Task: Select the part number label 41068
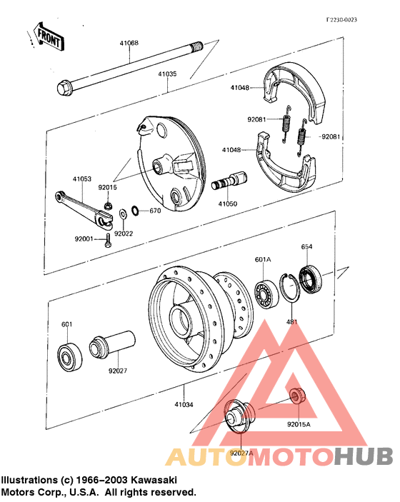(x=129, y=44)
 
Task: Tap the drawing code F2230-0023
(x=341, y=20)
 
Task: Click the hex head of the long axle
(x=64, y=89)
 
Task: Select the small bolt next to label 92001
(x=108, y=241)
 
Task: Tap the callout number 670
(x=155, y=211)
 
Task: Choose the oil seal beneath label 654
(x=309, y=278)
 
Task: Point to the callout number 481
(x=292, y=322)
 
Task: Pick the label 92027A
(x=241, y=452)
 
